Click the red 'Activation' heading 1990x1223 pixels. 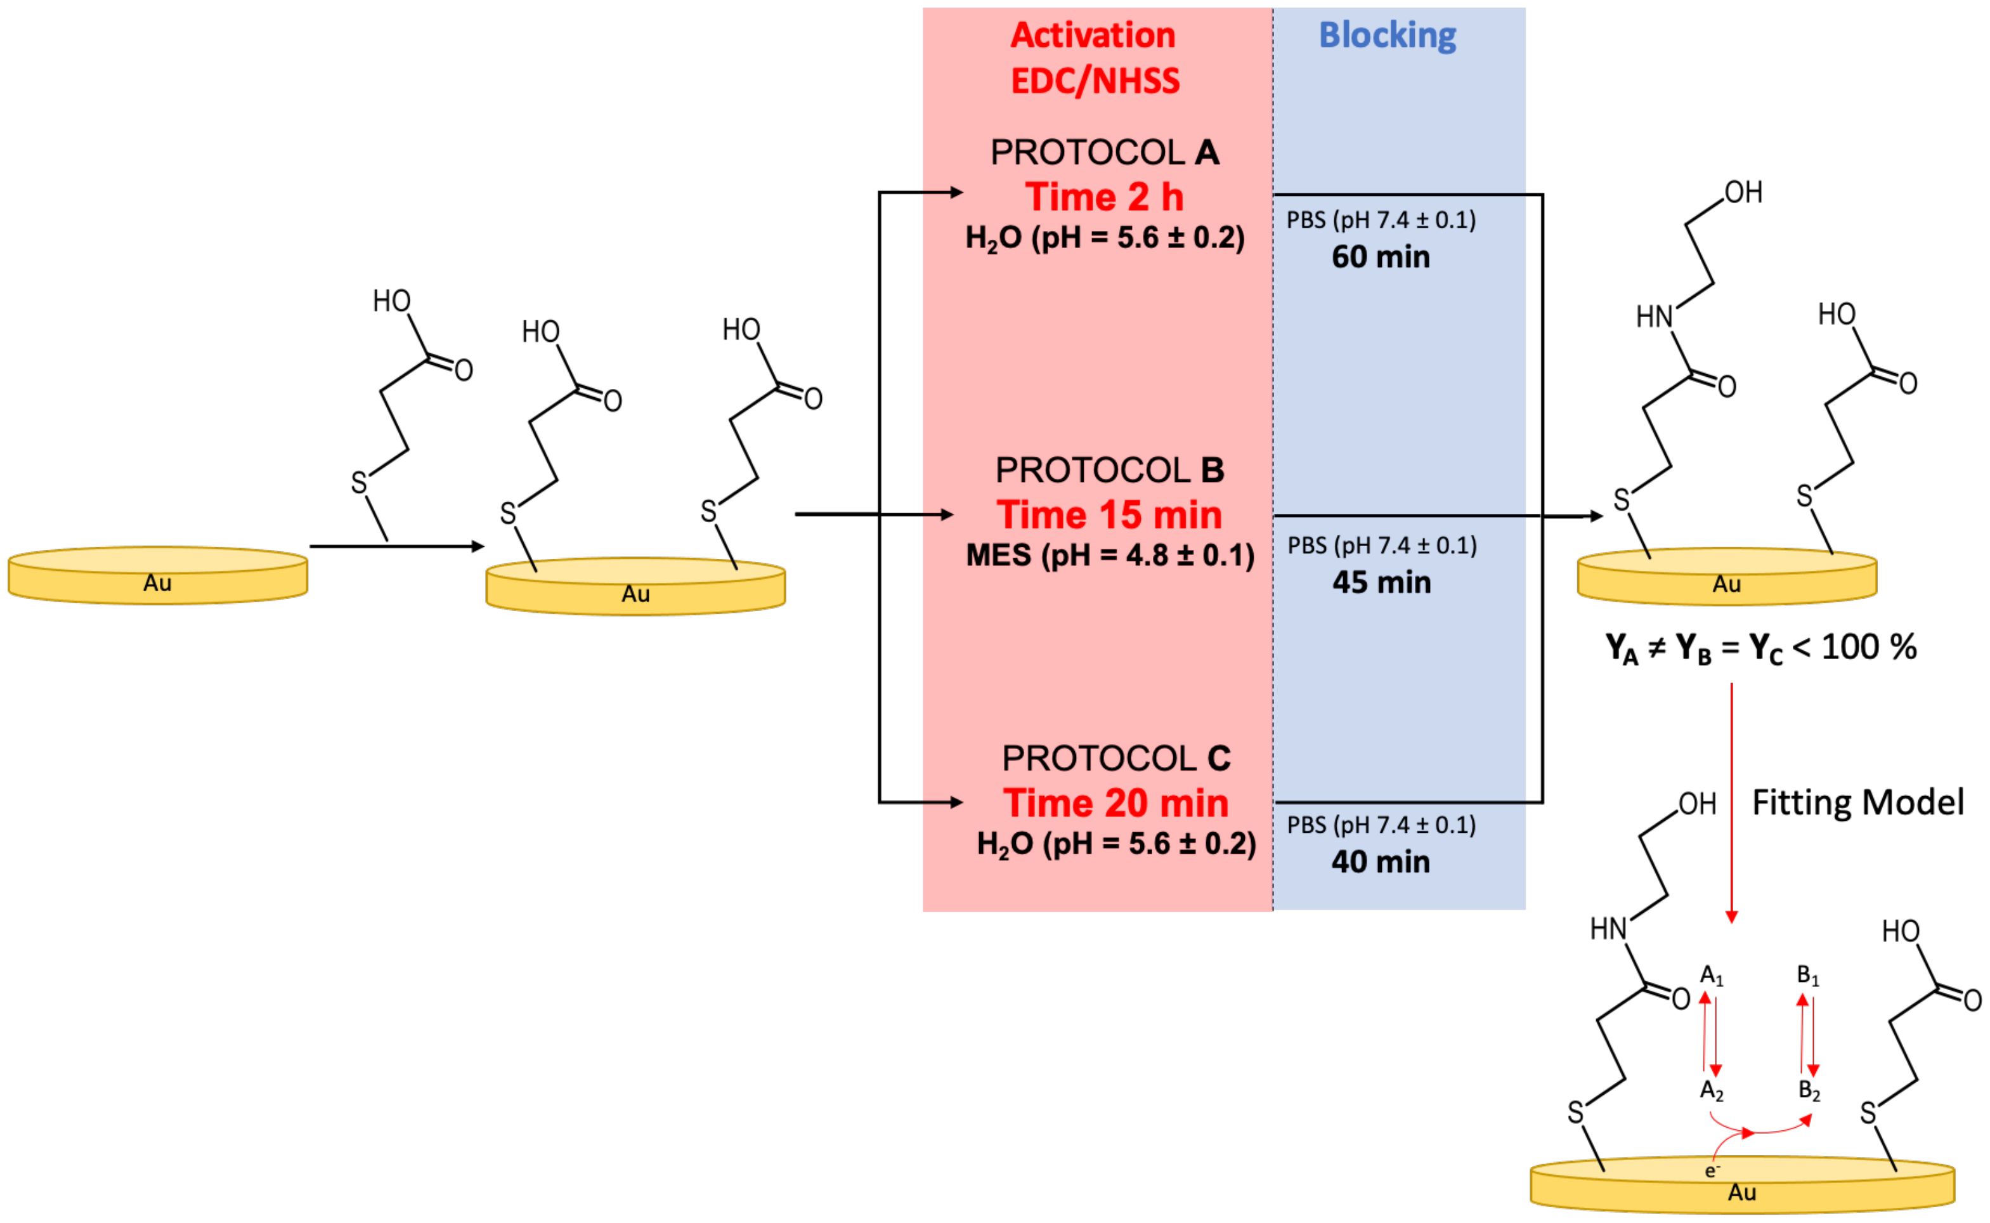tap(1093, 36)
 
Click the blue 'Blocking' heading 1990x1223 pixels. tap(1387, 36)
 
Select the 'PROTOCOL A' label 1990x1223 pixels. tap(1105, 152)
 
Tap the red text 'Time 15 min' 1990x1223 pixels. tap(1109, 514)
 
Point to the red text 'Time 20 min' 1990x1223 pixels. tap(1116, 803)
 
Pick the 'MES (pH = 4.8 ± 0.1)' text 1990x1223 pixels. tap(1109, 556)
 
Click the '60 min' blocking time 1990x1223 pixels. tap(1381, 257)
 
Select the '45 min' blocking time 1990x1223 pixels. tap(1381, 582)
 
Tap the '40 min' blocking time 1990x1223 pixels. tap(1381, 861)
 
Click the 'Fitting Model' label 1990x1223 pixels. tap(1857, 802)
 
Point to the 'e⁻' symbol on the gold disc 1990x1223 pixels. tap(1712, 1170)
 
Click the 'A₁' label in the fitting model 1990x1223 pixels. tap(1712, 976)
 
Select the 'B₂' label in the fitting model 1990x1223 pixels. tap(1809, 1091)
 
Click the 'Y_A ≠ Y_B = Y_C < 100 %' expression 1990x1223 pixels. tap(1760, 648)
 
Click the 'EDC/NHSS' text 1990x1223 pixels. tap(1095, 81)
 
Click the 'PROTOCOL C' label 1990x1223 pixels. tap(1116, 759)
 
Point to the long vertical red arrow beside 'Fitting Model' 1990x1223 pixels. tap(1731, 801)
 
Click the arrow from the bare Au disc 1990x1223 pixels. tap(396, 547)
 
